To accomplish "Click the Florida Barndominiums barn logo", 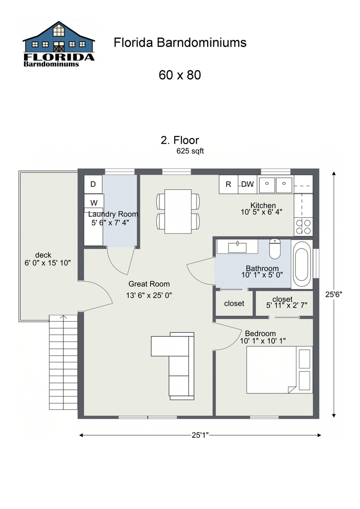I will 59,45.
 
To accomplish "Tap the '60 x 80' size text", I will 180,75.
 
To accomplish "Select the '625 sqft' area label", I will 190,151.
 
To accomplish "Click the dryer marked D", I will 93,184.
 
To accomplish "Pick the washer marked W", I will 94,202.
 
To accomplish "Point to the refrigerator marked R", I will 229,184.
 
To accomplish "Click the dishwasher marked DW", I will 247,184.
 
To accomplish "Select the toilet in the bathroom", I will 275,249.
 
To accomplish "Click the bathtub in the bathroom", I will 302,263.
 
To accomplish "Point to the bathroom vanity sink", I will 237,247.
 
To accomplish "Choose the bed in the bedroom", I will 279,370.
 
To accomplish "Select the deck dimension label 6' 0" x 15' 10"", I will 47,259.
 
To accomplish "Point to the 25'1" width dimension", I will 200,435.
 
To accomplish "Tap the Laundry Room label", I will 113,214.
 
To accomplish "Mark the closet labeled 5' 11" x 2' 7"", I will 283,302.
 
